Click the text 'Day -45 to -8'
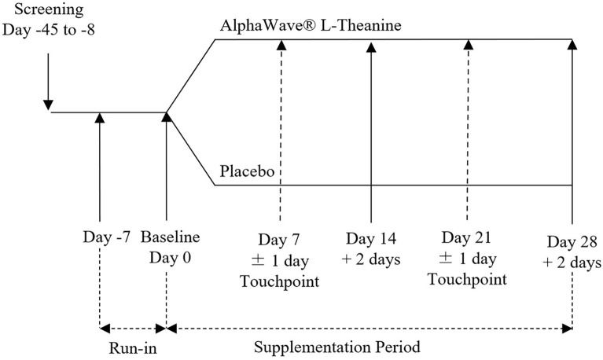(x=49, y=33)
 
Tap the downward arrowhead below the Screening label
(x=49, y=103)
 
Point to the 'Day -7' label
(x=101, y=237)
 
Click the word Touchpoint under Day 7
(x=279, y=281)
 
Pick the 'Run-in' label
(x=132, y=347)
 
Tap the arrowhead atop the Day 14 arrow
(x=370, y=46)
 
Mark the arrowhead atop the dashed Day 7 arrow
(x=279, y=46)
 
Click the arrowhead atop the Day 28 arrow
(x=572, y=46)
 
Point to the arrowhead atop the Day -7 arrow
(x=101, y=118)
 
